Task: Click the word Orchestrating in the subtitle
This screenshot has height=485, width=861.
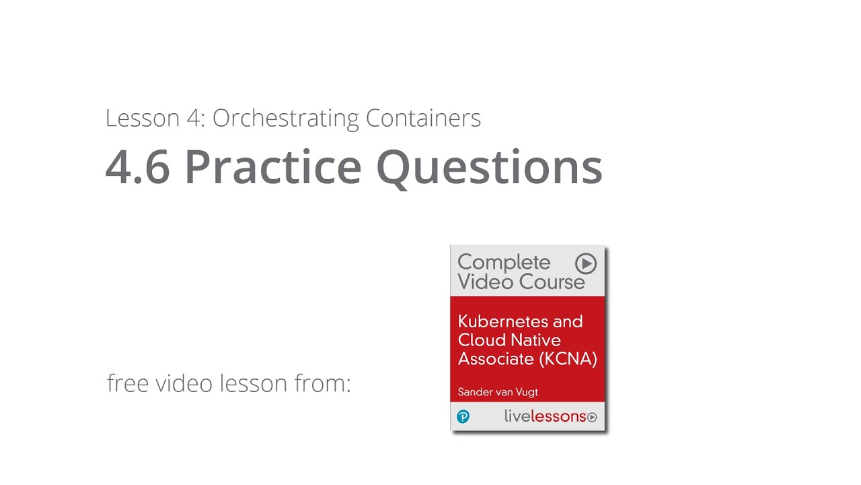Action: tap(287, 119)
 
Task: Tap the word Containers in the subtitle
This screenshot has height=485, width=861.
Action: tap(423, 119)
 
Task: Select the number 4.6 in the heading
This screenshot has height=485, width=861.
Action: tap(138, 166)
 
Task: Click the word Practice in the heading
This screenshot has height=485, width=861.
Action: tap(273, 166)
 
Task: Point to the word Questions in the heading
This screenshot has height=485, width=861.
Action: tap(489, 168)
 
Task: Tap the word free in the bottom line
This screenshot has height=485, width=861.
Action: tap(128, 383)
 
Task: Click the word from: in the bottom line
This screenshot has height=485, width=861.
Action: tap(323, 383)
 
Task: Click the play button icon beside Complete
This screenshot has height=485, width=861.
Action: tap(586, 263)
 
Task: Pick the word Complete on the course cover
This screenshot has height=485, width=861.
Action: tap(504, 262)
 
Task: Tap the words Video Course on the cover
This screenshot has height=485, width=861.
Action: tap(521, 282)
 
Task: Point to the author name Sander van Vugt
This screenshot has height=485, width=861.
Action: tap(498, 391)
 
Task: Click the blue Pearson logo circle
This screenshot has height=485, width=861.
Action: tap(463, 417)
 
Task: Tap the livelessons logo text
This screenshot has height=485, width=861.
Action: tap(545, 416)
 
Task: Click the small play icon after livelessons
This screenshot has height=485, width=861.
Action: tap(592, 418)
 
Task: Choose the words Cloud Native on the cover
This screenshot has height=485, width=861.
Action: tap(509, 340)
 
